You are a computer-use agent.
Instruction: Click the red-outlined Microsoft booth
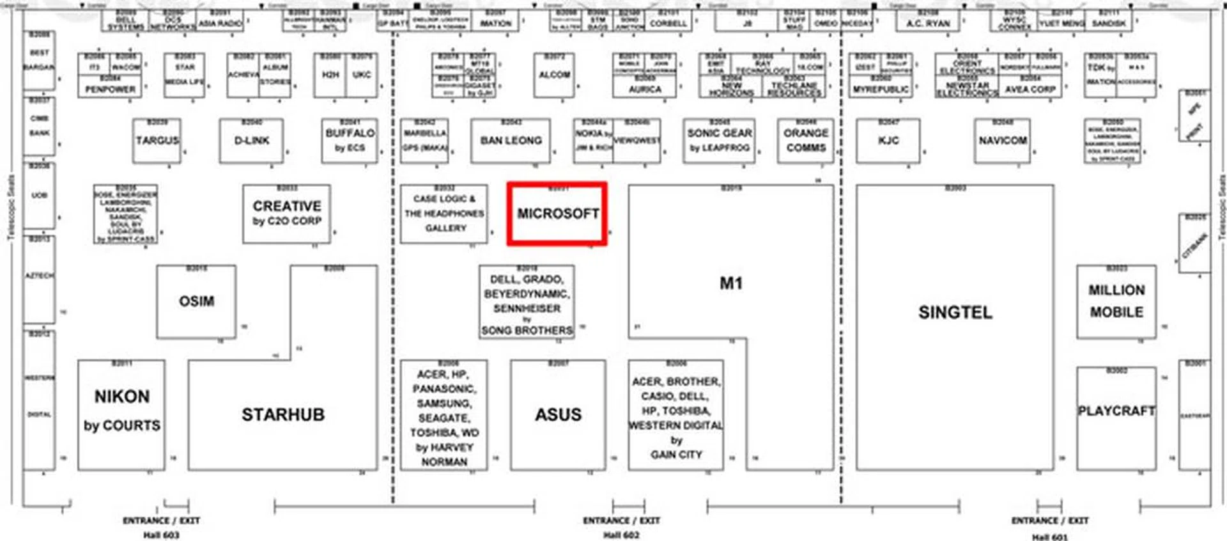click(x=557, y=214)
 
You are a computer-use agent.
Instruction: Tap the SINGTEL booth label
click(x=955, y=312)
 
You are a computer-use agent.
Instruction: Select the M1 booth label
click(x=730, y=283)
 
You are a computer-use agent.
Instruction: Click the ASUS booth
click(x=558, y=414)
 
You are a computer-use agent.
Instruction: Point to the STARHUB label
click(x=282, y=414)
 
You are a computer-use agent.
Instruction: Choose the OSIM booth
click(x=196, y=301)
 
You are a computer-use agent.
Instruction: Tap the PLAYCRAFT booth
click(x=1116, y=411)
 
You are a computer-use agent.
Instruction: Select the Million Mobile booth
click(x=1116, y=301)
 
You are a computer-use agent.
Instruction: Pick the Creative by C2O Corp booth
click(x=286, y=214)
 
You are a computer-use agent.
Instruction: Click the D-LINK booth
click(x=251, y=141)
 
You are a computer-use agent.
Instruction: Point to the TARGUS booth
click(x=157, y=141)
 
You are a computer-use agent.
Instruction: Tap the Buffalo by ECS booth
click(x=350, y=141)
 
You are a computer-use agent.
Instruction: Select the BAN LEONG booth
click(x=511, y=141)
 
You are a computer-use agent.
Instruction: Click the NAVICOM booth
click(x=1002, y=141)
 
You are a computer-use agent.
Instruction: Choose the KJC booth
click(x=888, y=141)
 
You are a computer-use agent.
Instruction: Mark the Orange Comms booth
click(x=805, y=141)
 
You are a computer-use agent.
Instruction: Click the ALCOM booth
click(x=553, y=75)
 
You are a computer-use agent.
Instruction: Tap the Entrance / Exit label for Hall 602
click(x=621, y=521)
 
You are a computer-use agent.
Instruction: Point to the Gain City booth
click(x=675, y=416)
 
